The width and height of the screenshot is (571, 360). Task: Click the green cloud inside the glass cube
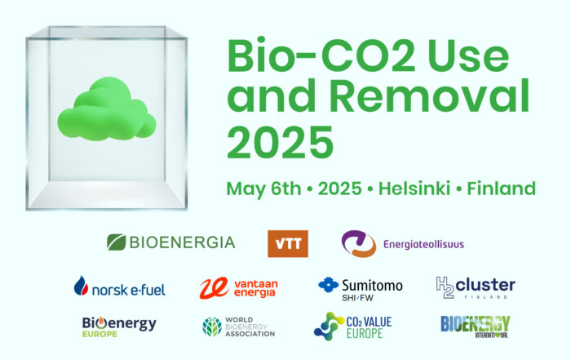click(107, 109)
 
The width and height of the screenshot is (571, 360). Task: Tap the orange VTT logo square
click(288, 244)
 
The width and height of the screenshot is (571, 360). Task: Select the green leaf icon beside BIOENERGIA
click(116, 242)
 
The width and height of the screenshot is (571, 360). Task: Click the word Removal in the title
click(430, 96)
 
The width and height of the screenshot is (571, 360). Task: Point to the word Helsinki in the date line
click(414, 189)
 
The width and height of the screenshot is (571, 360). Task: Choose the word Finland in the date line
click(502, 189)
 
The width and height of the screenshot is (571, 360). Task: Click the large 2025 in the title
click(280, 142)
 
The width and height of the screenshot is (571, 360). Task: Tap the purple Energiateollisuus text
click(423, 244)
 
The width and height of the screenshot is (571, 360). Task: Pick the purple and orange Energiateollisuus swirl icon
click(359, 243)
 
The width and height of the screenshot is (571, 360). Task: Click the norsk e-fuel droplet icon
click(81, 285)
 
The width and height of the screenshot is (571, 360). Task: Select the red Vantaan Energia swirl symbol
click(214, 288)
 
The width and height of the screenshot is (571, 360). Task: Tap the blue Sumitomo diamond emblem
click(328, 285)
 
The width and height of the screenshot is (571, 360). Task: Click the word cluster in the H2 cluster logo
click(485, 285)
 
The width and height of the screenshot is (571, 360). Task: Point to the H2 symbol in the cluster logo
click(445, 287)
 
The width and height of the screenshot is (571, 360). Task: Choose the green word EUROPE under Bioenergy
click(100, 334)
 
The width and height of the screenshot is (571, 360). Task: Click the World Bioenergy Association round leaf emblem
click(212, 327)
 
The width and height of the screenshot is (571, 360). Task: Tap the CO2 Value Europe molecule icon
click(329, 326)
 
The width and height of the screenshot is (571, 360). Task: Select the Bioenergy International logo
click(476, 327)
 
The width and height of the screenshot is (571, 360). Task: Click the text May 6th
click(263, 189)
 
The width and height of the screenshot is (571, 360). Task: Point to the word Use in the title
click(468, 56)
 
